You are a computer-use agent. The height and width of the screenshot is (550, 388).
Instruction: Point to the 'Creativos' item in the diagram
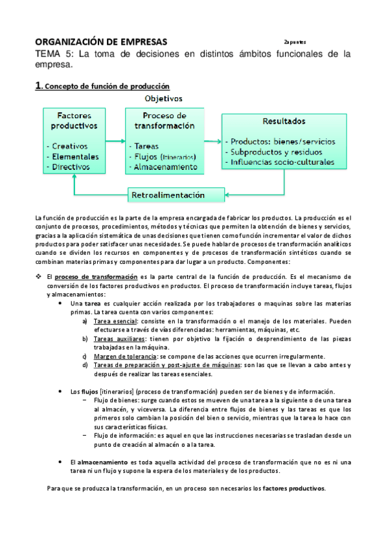[x=73, y=145]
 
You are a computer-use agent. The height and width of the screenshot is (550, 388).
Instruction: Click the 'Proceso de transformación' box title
[x=165, y=120]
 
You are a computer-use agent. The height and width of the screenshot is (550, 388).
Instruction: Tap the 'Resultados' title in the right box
[x=285, y=121]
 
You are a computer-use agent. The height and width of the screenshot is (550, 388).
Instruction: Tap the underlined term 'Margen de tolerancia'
[x=124, y=356]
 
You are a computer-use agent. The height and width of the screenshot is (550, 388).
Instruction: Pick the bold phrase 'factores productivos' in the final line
[x=294, y=488]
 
